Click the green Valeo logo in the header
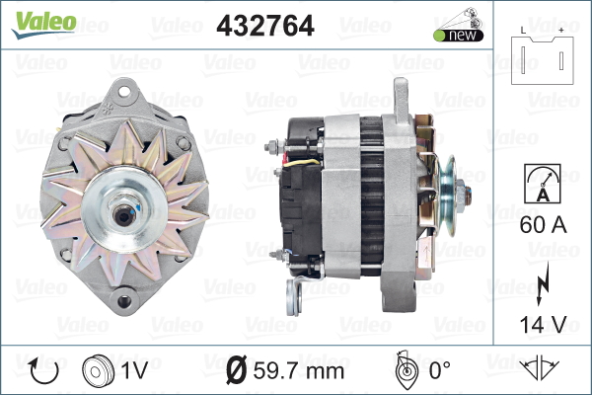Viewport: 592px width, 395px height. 43,25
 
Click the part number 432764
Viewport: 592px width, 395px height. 265,26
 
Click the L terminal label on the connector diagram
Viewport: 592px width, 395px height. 523,31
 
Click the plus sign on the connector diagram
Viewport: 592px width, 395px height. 561,31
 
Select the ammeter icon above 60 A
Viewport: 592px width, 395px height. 543,184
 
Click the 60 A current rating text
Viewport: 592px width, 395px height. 543,224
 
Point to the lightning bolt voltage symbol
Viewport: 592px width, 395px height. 542,283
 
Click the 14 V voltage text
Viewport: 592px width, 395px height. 543,324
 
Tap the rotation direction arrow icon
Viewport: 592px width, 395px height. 43,371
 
